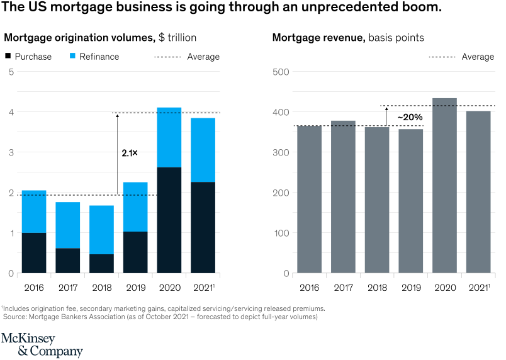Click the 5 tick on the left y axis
[x=11, y=72]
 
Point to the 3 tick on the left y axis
[x=11, y=152]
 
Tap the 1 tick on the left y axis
[x=11, y=233]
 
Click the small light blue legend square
[x=73, y=56]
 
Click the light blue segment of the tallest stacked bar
[x=169, y=137]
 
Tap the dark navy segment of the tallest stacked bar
[x=169, y=220]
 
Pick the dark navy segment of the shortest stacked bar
[x=102, y=263]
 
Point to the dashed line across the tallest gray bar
[x=444, y=106]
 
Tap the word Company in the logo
[x=57, y=351]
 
